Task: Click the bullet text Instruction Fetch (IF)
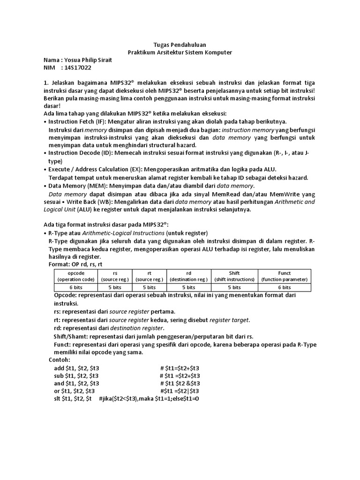pos(77,121)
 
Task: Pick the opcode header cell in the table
pos(75,276)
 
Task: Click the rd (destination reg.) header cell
pos(188,276)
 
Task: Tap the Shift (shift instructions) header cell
pos(234,276)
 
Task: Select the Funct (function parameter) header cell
pos(284,276)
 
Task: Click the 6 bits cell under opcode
pos(75,287)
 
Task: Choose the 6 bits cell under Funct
pos(284,287)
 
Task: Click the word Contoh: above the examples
pos(59,359)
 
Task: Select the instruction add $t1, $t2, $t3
pos(76,367)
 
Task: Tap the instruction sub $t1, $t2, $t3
pos(76,375)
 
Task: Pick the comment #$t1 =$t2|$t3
pos(180,391)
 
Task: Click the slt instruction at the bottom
pos(73,398)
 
